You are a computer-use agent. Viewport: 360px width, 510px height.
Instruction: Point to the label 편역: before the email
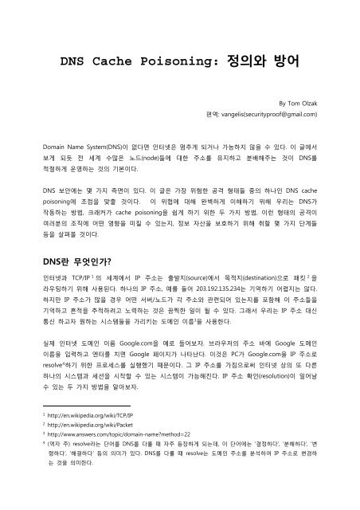point(215,115)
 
